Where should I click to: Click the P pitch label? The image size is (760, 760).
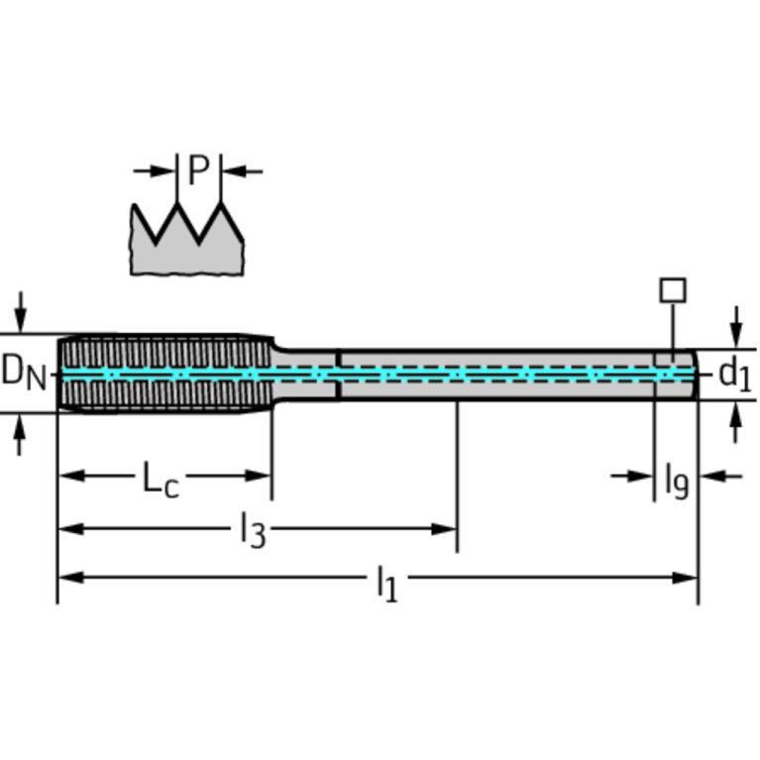pos(198,171)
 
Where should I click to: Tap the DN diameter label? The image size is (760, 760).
pos(23,373)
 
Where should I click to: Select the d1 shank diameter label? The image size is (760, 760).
pos(734,374)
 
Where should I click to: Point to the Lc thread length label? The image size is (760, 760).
pos(160,480)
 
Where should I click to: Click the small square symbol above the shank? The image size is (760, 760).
pos(673,289)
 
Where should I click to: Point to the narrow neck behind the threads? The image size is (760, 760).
pos(305,374)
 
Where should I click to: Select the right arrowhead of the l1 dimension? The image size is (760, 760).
pos(688,578)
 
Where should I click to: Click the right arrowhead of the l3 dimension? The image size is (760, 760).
pos(445,528)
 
